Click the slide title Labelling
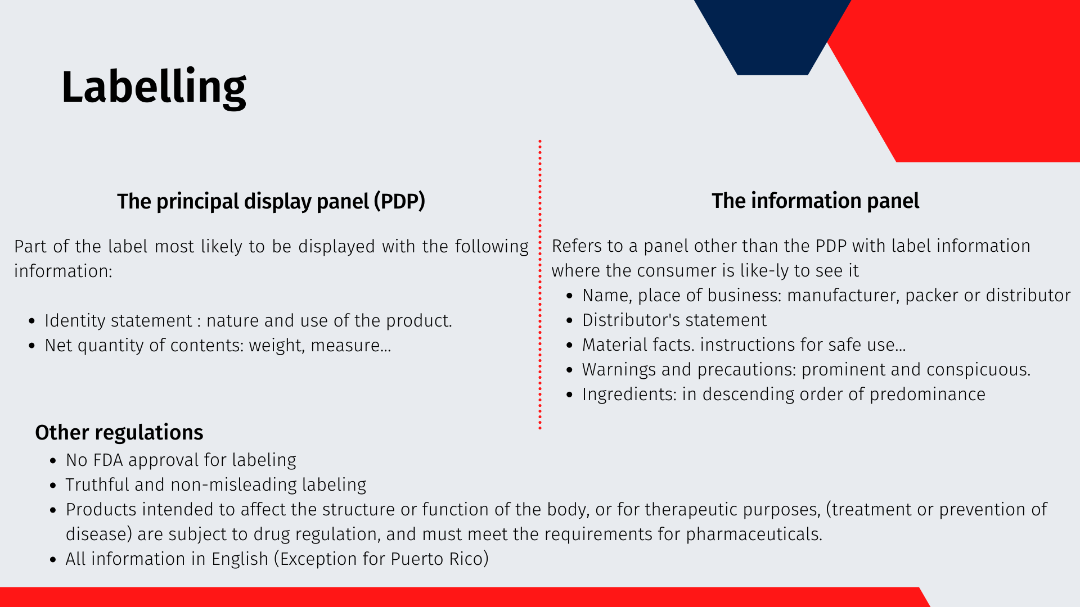click(154, 87)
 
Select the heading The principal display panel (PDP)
click(271, 201)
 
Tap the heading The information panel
click(815, 201)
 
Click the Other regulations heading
click(119, 432)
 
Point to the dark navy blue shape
click(772, 34)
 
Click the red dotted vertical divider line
click(540, 285)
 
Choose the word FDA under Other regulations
click(108, 460)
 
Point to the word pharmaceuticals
click(754, 534)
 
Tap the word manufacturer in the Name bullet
click(842, 296)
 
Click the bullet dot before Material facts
click(570, 346)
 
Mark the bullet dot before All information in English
click(53, 560)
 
